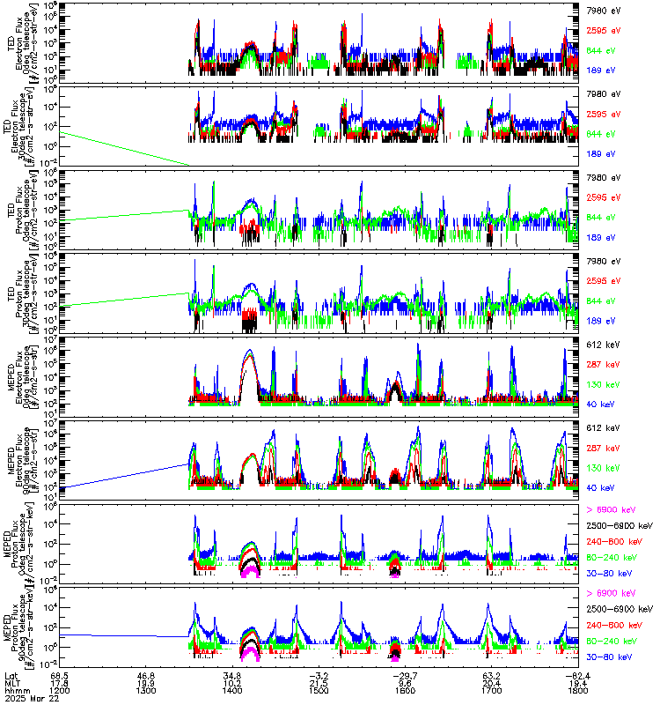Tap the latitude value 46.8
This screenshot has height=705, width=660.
(147, 675)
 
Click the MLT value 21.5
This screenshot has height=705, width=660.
(319, 683)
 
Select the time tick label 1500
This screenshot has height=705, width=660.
(319, 691)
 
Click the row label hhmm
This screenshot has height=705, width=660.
(15, 691)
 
